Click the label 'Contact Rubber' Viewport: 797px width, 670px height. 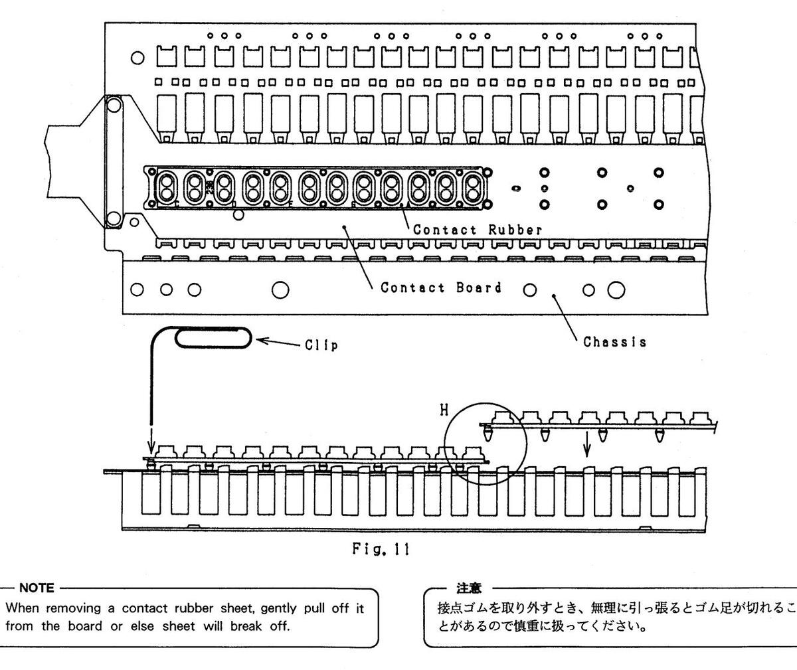pos(478,230)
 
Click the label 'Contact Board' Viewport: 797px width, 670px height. pos(440,288)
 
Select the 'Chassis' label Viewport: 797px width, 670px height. pos(614,342)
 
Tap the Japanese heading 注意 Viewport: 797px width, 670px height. pos(468,588)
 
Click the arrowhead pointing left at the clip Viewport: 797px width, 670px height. pos(262,341)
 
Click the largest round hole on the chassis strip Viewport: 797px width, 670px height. pos(616,290)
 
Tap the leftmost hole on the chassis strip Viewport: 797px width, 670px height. pos(137,290)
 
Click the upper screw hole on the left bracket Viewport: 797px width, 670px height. pos(113,105)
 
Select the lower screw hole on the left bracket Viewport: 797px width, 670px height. pos(113,218)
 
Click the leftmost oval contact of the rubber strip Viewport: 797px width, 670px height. pos(166,187)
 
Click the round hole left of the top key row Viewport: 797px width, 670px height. pos(137,58)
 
